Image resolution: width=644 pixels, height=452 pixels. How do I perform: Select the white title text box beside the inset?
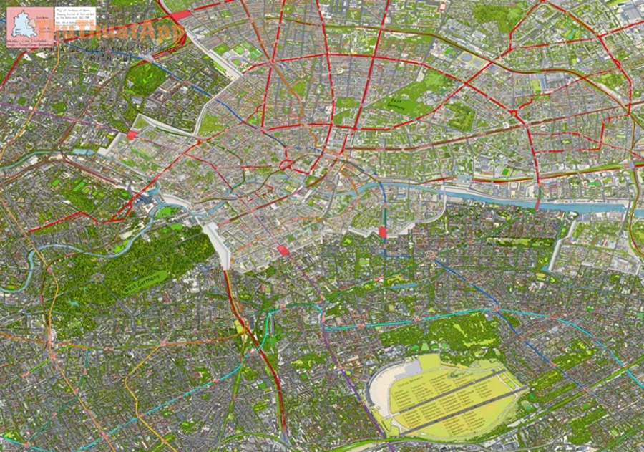[x=74, y=21]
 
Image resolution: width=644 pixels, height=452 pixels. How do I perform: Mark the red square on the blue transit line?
[x=382, y=232]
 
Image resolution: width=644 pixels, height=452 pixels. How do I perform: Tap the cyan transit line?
[x=208, y=390]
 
